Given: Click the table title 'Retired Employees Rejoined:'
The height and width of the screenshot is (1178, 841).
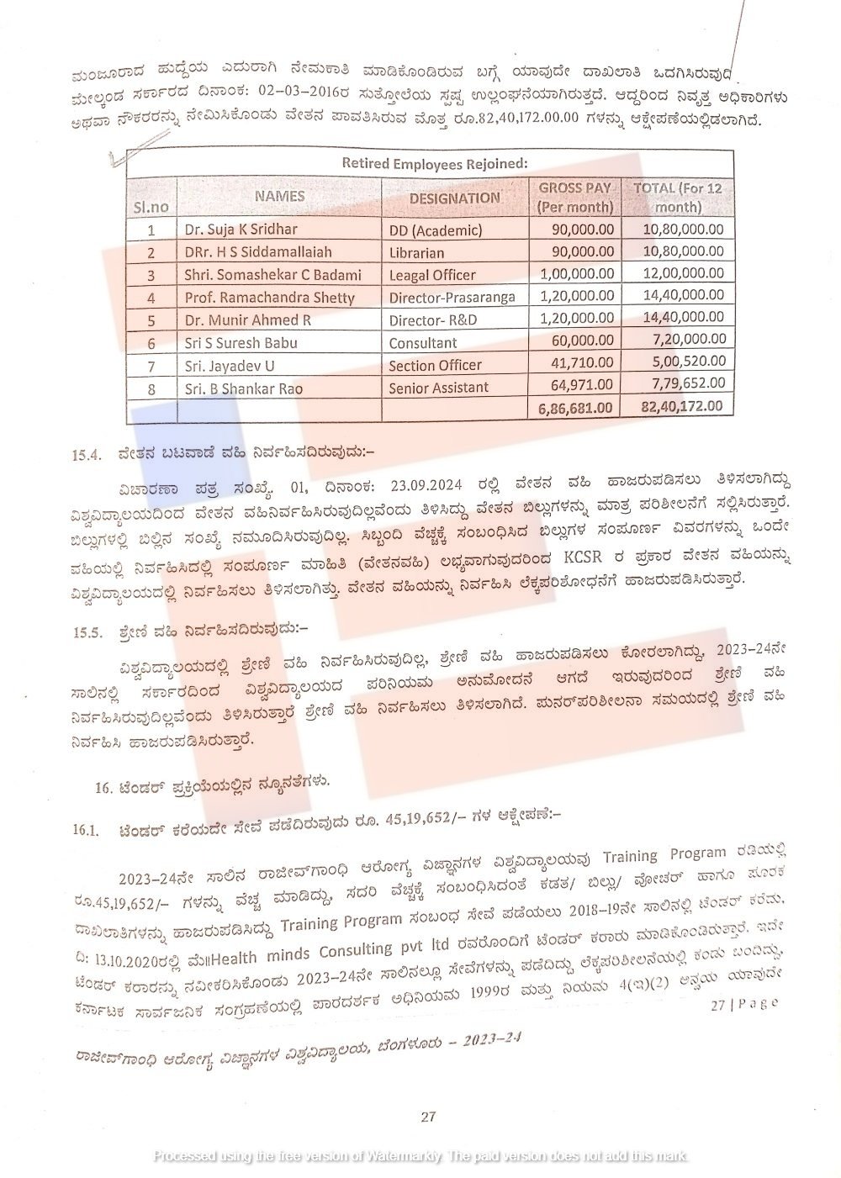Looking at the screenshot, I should tap(433, 163).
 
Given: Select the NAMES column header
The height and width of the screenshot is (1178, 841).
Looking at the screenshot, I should tap(280, 196).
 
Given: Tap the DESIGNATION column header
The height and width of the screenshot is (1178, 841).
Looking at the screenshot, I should tap(454, 198).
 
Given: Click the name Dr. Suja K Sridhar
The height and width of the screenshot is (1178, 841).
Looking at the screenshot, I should tap(241, 229).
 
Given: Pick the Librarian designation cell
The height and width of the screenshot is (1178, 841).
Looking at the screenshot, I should tap(416, 252).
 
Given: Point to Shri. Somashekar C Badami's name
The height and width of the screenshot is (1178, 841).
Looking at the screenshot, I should tap(272, 275).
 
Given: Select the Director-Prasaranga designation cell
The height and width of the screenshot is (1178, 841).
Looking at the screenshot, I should tap(452, 298).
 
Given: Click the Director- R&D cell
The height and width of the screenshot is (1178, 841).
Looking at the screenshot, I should tap(431, 320).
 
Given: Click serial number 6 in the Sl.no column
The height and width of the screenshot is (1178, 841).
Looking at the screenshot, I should tap(151, 343).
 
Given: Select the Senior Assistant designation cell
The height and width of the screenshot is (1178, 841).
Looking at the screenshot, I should tap(438, 388).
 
